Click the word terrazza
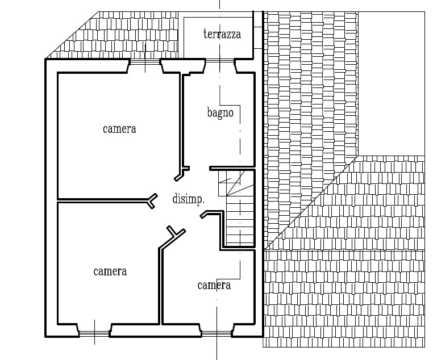[222, 35]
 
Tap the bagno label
[220, 113]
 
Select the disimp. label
[188, 199]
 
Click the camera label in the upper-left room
[119, 129]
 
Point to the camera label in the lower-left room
[110, 271]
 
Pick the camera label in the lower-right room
[214, 285]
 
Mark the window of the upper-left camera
[144, 62]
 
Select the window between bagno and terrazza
[220, 61]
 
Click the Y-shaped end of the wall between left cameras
[151, 200]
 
